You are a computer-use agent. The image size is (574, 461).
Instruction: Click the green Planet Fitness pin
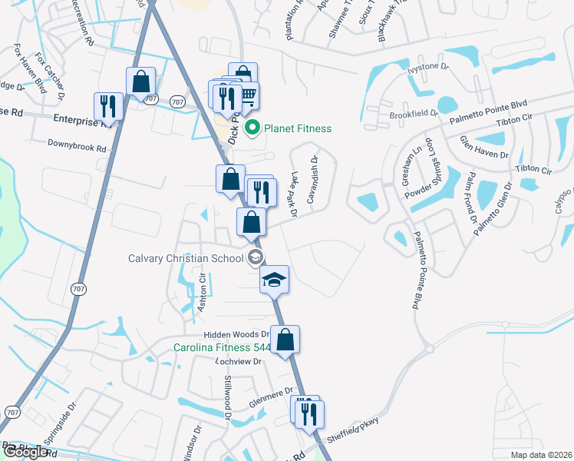253,128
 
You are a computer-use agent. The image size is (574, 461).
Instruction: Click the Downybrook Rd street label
76,144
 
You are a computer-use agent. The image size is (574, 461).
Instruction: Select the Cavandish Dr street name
312,181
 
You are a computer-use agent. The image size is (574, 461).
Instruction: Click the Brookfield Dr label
413,113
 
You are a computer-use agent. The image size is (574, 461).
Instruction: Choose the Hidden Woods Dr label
236,335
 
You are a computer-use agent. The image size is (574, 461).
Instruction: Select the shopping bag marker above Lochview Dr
285,340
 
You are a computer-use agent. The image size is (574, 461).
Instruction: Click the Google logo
25,452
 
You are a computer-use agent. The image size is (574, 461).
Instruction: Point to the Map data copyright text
541,455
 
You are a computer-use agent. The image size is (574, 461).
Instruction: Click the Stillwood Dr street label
226,392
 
